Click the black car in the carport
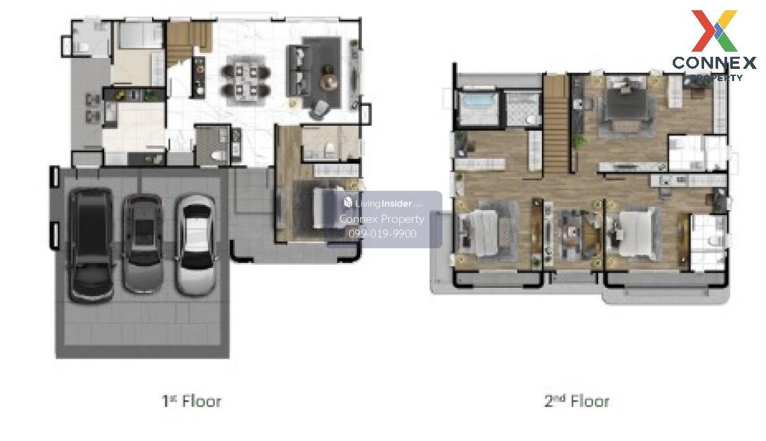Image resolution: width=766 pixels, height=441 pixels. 91,246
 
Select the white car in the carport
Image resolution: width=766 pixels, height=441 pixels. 195,246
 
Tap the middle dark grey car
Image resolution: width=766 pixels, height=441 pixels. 143,243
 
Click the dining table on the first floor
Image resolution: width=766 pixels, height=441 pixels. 246,80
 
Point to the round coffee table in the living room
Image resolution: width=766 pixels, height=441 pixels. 329,82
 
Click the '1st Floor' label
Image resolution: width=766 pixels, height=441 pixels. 191,401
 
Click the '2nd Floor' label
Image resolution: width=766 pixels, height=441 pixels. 576,401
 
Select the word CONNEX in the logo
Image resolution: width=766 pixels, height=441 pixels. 714,63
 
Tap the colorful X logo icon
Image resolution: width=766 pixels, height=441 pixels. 714,31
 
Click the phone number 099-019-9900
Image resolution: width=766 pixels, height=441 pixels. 382,234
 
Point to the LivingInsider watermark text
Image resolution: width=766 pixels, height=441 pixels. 384,204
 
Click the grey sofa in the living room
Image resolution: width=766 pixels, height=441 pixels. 298,70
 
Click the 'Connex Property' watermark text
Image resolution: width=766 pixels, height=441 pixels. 382,219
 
